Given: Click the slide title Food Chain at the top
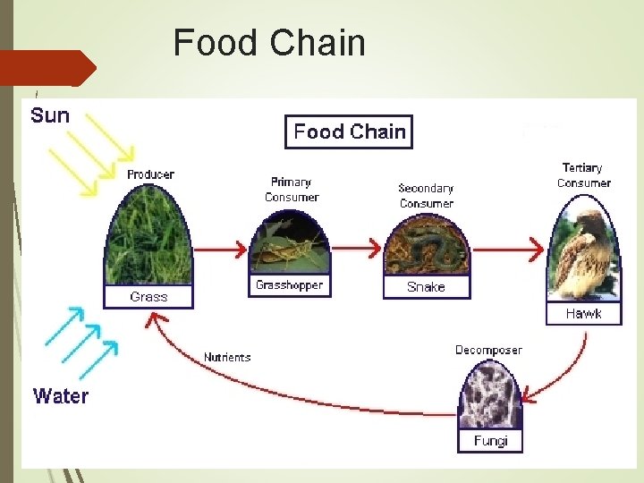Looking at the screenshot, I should (269, 43).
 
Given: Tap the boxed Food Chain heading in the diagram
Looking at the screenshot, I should (349, 132).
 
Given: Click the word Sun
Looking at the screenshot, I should (50, 115).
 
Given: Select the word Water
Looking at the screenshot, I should (61, 396).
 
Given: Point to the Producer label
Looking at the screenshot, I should (150, 174).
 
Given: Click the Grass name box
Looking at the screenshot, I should (148, 297).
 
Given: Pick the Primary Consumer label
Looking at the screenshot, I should (292, 190).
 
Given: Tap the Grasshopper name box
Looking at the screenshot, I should (289, 286).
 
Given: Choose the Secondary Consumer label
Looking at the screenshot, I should (426, 196).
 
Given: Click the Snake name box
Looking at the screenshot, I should (426, 287).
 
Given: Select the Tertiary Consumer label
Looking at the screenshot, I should (583, 175).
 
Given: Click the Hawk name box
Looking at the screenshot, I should (583, 314).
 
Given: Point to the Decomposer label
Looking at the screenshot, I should (488, 350).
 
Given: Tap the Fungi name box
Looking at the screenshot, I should (490, 441).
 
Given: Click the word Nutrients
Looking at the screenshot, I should (227, 358).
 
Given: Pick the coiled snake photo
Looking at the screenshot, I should (426, 243).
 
